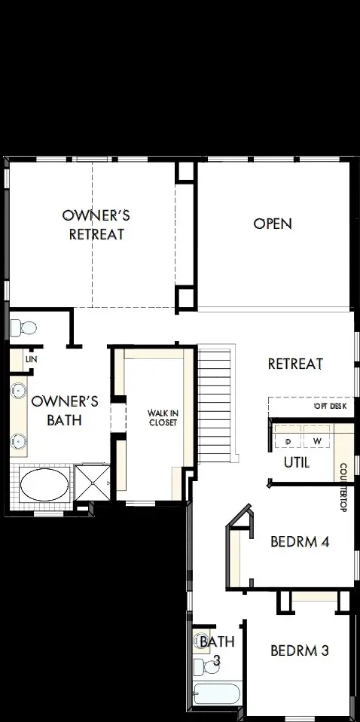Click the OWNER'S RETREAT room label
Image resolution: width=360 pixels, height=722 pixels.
[96, 224]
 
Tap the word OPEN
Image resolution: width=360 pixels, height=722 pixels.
[272, 224]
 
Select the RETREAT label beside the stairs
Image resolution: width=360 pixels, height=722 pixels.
[295, 364]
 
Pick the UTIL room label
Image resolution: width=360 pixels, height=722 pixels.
[296, 462]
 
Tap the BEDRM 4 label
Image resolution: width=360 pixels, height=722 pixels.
[300, 541]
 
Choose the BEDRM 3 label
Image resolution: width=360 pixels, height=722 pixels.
[299, 650]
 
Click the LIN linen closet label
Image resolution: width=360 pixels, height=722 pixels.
[31, 359]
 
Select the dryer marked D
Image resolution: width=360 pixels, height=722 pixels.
[288, 440]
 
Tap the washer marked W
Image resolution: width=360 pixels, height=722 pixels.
[317, 440]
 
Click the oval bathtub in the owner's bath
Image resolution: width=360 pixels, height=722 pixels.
[43, 486]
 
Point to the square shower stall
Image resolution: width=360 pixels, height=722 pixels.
[92, 484]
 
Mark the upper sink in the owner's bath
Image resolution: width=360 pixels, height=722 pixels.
[20, 391]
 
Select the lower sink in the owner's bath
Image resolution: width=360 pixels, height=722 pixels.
[20, 440]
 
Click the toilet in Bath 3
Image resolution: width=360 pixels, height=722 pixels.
[201, 666]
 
